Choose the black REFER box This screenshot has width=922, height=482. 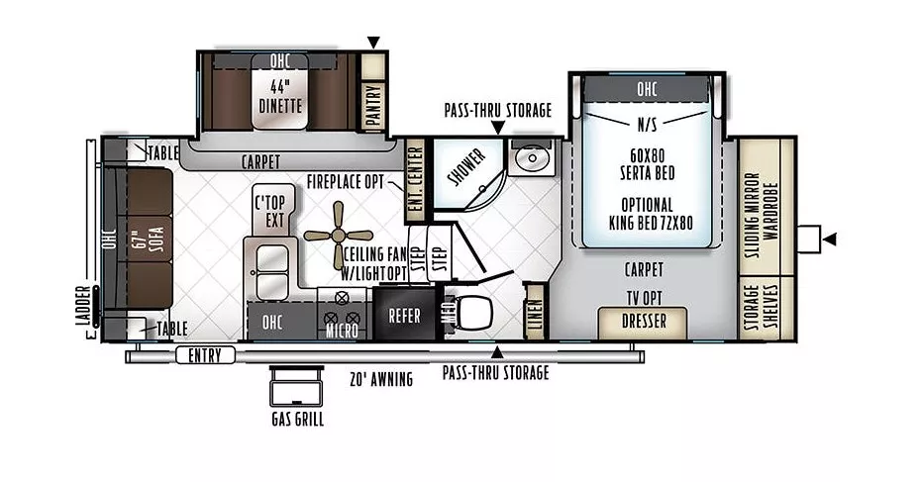[404, 316]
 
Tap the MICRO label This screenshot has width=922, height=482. [342, 331]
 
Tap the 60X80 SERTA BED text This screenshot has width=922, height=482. [648, 161]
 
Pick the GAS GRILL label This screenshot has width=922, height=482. [296, 417]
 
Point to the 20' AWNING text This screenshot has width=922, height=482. [380, 377]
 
